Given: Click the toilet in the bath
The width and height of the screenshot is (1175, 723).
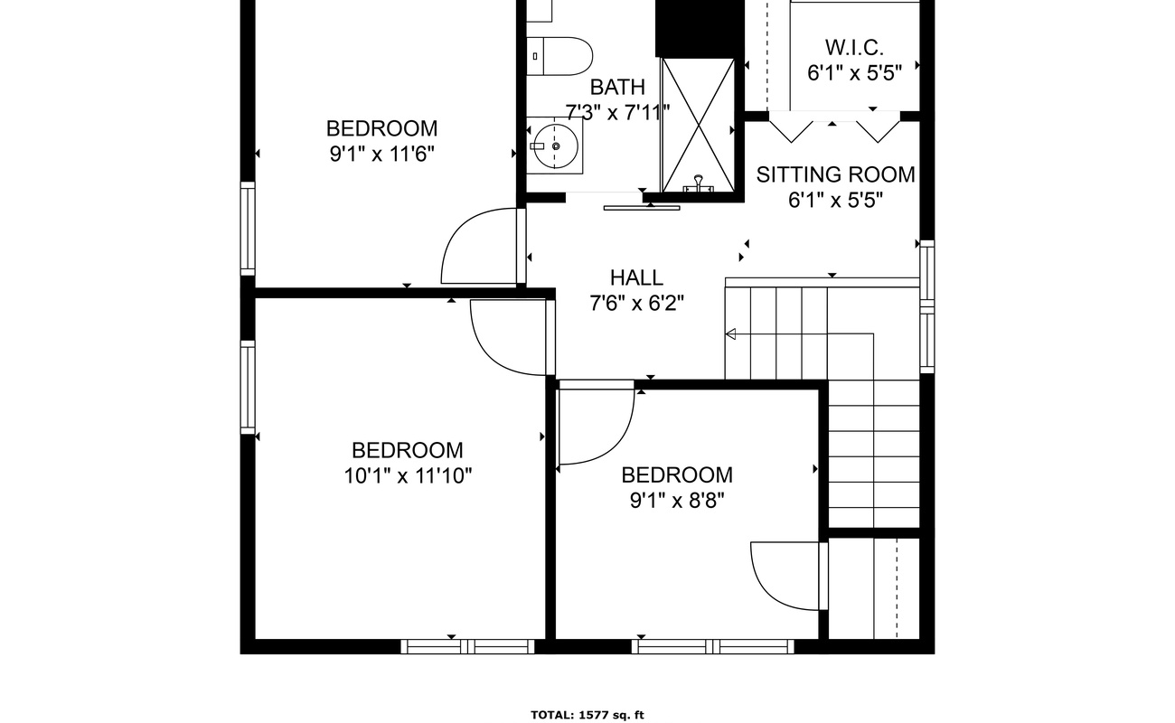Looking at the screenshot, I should pos(560,55).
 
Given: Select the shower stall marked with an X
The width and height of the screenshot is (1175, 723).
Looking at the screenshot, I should pos(698,124).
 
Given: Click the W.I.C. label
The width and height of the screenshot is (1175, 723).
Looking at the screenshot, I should pos(854,47).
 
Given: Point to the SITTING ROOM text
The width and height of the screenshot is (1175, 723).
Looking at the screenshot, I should pos(835,174).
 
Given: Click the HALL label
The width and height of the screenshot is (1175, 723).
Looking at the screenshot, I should pos(635,277).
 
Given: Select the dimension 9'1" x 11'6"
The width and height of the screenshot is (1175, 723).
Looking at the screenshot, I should pos(382,154).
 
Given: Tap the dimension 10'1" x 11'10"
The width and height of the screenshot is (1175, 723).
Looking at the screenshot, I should pos(408,475).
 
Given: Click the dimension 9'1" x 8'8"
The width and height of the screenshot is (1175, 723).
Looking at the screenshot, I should pos(677,500).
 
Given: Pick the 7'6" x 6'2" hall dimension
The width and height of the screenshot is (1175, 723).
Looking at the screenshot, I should pos(635,303).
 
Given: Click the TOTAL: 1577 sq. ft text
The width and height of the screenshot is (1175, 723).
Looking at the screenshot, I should pos(587,715).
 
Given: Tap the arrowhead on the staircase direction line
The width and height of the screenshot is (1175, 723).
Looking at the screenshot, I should pos(730,334).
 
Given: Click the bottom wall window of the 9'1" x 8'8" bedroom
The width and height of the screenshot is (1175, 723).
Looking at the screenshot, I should pos(712,646).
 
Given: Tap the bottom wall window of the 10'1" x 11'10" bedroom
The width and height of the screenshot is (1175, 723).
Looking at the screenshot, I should pos(467,646).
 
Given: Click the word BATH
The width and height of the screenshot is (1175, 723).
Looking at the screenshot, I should pos(617,88).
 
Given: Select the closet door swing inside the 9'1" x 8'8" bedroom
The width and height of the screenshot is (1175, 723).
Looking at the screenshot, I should pos(785,575).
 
